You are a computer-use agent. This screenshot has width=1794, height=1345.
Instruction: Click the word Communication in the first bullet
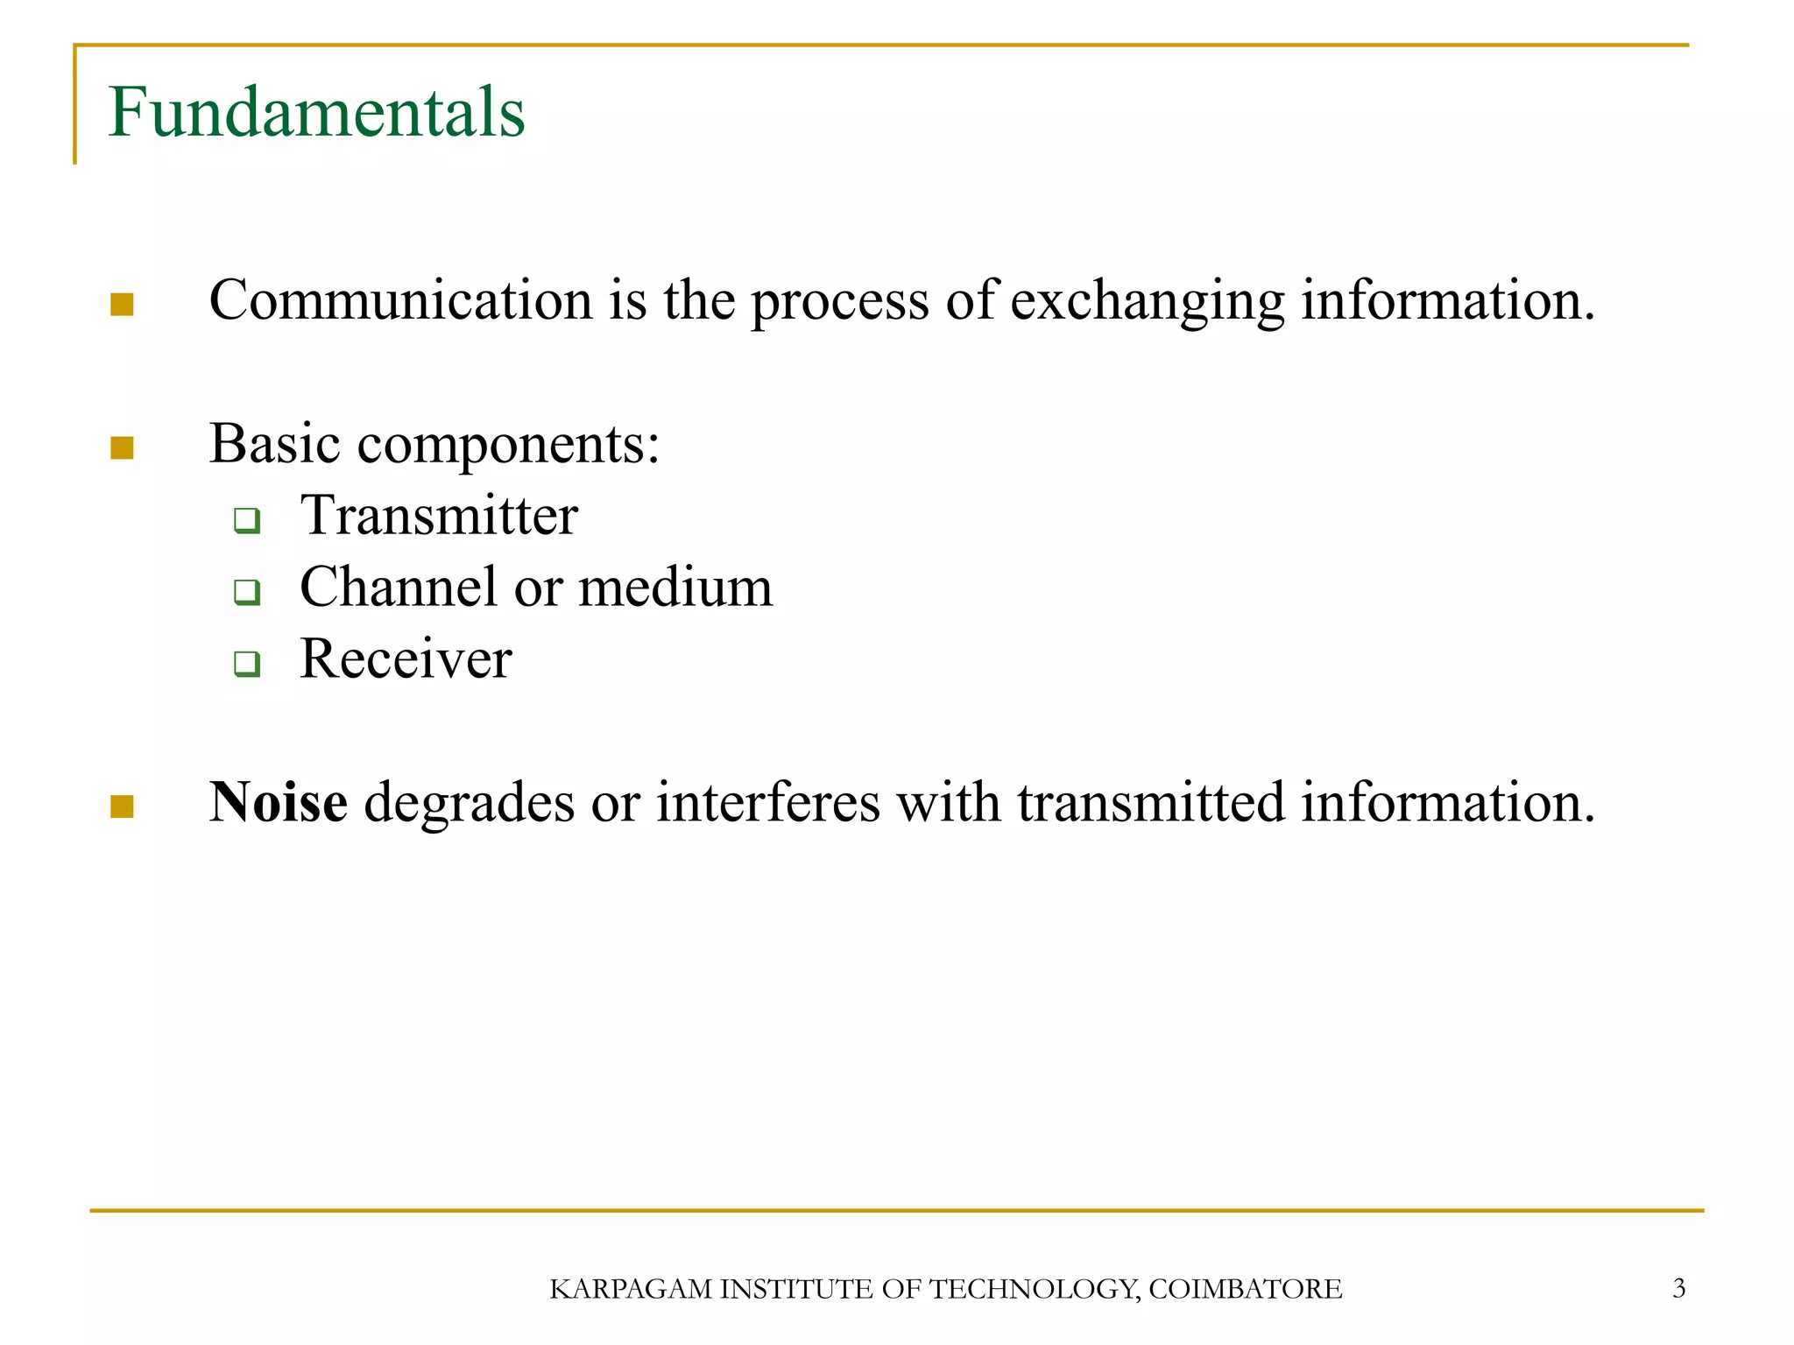[400, 300]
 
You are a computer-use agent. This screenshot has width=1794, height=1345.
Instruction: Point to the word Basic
[274, 443]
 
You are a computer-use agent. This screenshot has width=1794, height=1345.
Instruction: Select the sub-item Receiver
[406, 658]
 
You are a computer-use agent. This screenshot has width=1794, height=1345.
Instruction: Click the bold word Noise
[278, 802]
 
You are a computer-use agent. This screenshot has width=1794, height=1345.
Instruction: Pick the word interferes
[768, 802]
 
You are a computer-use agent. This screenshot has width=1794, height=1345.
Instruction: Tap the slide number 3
[1678, 1288]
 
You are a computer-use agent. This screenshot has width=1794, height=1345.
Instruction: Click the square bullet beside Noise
[122, 806]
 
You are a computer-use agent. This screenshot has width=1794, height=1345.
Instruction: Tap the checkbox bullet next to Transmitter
[247, 521]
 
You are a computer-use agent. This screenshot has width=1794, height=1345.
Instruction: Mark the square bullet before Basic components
[122, 448]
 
